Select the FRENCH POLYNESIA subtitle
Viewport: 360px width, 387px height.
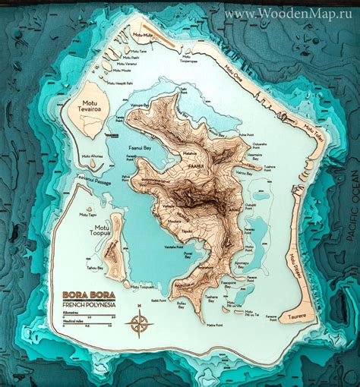tap(88, 304)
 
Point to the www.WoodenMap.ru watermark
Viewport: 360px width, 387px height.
tap(289, 13)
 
